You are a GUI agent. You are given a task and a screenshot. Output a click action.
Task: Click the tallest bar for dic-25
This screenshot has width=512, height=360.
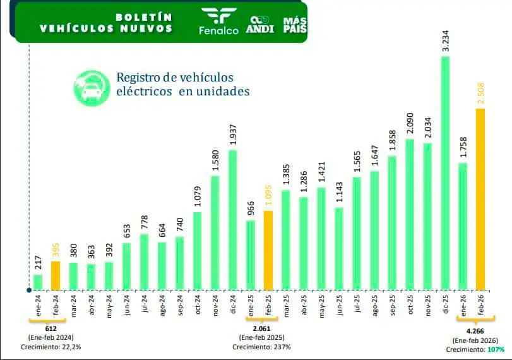[x=445, y=173]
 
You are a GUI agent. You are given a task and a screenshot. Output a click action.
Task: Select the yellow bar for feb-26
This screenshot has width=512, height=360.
[x=480, y=199]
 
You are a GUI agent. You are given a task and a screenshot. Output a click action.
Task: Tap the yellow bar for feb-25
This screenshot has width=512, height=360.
[x=268, y=250]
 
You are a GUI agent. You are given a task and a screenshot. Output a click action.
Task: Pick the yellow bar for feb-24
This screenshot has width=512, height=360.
[x=56, y=275]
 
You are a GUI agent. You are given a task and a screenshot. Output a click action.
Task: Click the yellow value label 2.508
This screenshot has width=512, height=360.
[x=480, y=93]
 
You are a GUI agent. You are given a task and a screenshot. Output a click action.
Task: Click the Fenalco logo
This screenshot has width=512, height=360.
[x=218, y=21]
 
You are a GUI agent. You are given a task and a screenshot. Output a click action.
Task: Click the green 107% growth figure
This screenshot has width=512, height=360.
[x=496, y=349]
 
